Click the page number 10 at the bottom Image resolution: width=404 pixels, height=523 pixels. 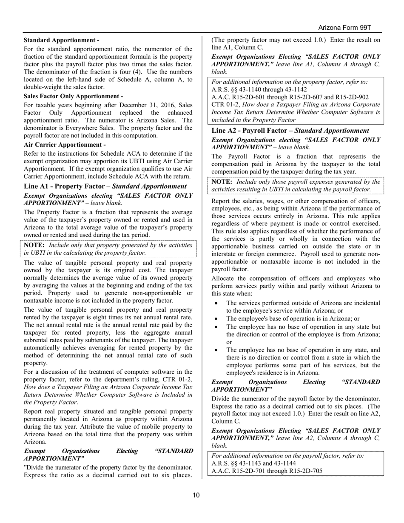pyautogui.click(x=196, y=495)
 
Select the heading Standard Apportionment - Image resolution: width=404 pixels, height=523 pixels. pyautogui.click(x=62, y=40)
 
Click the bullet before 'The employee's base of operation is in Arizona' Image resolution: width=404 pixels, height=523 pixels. pyautogui.click(x=217, y=318)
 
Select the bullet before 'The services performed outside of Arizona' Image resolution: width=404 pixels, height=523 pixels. pyautogui.click(x=217, y=303)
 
